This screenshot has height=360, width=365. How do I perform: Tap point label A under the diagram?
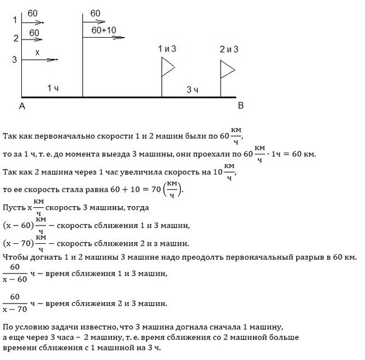tap(22, 106)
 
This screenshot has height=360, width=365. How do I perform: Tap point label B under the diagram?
tap(240, 106)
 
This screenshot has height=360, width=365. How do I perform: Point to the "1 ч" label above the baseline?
tap(53, 89)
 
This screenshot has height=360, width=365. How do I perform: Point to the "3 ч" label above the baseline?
tap(193, 90)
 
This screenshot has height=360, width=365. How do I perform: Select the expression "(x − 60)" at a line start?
tap(18, 226)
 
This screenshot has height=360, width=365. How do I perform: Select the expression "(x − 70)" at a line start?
tap(18, 243)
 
